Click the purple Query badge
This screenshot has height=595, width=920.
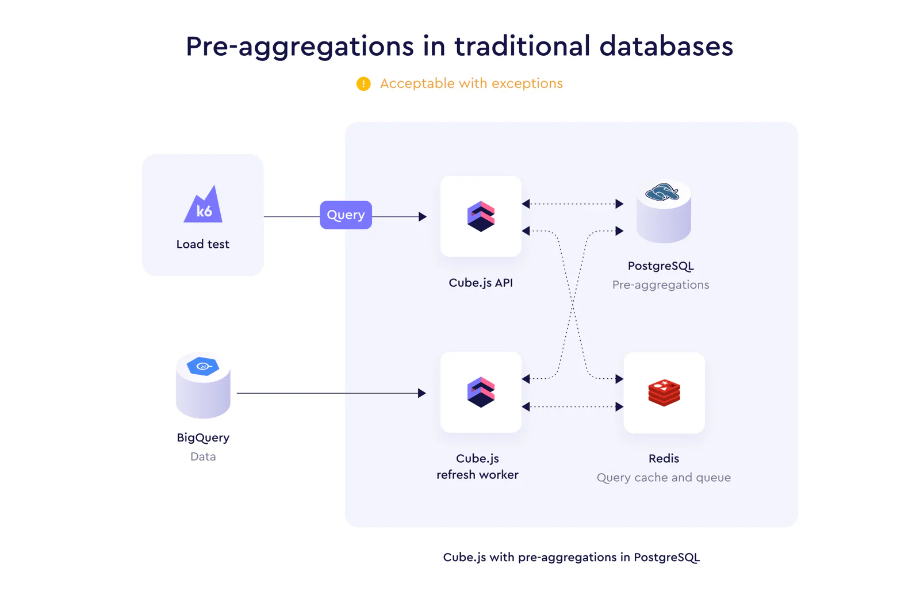point(346,215)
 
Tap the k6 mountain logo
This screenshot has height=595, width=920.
point(204,204)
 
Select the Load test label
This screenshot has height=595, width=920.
point(203,244)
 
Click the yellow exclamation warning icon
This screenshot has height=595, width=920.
point(363,84)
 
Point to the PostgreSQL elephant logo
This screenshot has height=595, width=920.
point(662,192)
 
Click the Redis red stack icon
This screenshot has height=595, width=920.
point(664,393)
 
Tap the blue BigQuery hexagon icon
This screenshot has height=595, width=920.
point(202,366)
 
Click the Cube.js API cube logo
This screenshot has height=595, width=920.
point(481,216)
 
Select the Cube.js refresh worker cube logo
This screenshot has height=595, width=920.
point(481,392)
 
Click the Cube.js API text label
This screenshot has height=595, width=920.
point(481,283)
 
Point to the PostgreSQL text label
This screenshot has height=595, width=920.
point(661,266)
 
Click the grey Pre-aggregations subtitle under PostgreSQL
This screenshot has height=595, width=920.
point(661,285)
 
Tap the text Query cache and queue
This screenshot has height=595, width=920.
point(664,478)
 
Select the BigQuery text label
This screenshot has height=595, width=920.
point(203,437)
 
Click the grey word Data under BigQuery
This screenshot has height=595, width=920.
point(203,456)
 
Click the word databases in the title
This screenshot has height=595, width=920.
point(666,46)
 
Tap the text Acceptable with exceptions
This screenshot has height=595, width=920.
point(471,84)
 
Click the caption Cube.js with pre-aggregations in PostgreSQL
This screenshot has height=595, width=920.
point(572,557)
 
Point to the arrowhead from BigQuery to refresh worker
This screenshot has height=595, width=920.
point(422,393)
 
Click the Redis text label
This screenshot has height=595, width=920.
point(664,459)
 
